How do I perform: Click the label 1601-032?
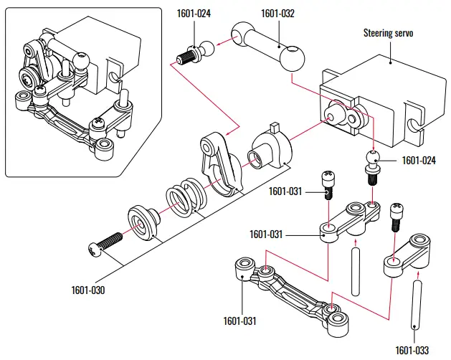pos(278,13)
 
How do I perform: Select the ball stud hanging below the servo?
pos(372,164)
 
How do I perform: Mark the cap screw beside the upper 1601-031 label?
pos(326,182)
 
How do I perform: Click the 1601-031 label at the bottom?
pos(240,321)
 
